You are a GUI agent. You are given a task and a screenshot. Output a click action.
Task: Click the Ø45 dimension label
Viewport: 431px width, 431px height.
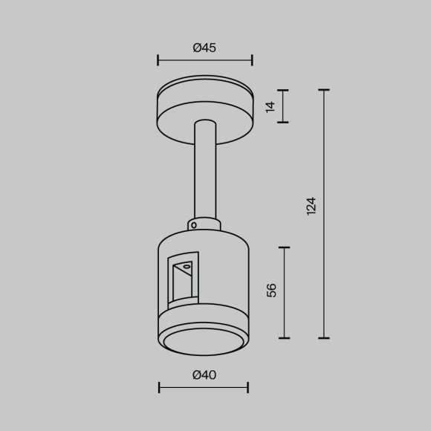point(204,48)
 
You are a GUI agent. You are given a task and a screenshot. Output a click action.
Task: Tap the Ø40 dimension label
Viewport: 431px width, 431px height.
point(204,375)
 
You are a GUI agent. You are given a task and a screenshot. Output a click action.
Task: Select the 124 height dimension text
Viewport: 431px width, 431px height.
point(311,206)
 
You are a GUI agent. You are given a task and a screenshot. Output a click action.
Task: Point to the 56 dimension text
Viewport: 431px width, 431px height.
point(272,290)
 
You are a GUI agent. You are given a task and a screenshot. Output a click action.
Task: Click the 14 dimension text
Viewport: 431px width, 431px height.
point(270,106)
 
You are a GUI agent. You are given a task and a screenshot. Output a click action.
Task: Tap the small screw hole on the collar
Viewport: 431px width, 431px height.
point(193,224)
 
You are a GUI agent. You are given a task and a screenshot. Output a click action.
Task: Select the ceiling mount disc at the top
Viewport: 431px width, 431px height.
point(204,108)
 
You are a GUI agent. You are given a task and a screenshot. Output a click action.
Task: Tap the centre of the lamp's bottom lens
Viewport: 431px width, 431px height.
point(204,341)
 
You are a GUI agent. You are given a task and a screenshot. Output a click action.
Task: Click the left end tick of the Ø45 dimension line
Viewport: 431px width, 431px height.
point(158,59)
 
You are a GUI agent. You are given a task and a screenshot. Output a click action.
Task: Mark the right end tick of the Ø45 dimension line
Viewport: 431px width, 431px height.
point(252,59)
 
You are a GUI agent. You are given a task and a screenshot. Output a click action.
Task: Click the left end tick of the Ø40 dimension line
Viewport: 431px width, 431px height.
point(159,387)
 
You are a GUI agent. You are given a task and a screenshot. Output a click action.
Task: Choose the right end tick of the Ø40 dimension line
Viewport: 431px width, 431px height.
point(247,387)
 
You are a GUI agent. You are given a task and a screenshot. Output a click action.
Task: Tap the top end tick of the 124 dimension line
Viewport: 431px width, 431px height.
point(324,90)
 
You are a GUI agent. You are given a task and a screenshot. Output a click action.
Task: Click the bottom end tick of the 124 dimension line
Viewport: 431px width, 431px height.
point(324,338)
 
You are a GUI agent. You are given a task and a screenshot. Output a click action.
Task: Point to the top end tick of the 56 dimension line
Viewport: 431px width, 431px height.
point(284,247)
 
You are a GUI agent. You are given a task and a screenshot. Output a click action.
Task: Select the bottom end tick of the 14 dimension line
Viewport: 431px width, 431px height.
point(282,122)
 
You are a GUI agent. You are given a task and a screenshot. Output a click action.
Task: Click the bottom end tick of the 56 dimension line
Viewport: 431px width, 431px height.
point(284,338)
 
